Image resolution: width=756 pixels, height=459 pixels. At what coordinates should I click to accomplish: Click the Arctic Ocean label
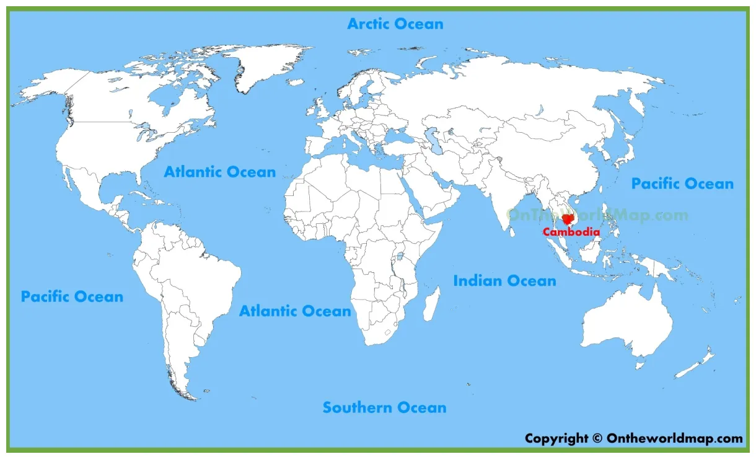pyautogui.click(x=395, y=24)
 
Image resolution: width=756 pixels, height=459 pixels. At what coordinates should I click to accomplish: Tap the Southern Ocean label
pyautogui.click(x=384, y=408)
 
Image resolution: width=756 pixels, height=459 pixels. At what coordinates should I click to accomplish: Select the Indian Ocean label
pyautogui.click(x=504, y=281)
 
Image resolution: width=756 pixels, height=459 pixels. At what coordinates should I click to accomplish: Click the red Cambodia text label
pyautogui.click(x=571, y=233)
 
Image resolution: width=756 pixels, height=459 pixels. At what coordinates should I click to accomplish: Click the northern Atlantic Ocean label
pyautogui.click(x=219, y=172)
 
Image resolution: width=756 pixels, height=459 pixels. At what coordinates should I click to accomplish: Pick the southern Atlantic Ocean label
pyautogui.click(x=295, y=311)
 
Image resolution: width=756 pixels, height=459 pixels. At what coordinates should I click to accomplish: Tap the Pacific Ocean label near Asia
pyautogui.click(x=682, y=184)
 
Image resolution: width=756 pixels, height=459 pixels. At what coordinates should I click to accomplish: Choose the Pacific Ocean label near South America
pyautogui.click(x=72, y=296)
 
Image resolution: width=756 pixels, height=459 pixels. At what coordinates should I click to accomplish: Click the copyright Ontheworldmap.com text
pyautogui.click(x=633, y=439)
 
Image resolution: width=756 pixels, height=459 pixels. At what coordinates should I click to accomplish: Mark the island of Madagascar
pyautogui.click(x=432, y=303)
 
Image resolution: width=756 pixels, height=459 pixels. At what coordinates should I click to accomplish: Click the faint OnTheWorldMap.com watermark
pyautogui.click(x=597, y=215)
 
